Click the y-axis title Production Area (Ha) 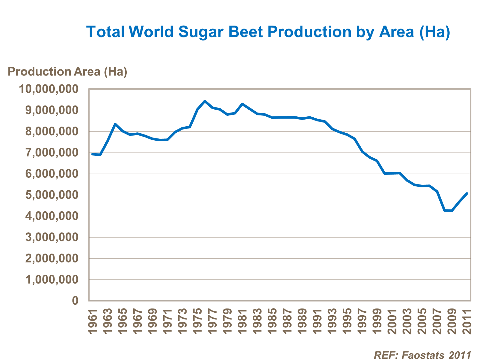point(68,72)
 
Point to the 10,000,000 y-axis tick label point(49,89)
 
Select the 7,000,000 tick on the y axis point(52,153)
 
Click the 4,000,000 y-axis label point(52,216)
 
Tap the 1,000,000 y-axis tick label point(52,280)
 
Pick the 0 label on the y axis point(75,301)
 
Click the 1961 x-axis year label point(92,321)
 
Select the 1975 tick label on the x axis point(197,321)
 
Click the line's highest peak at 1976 point(205,101)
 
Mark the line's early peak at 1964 point(115,124)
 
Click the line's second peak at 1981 point(242,104)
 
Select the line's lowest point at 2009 point(452,211)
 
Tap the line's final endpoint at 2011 point(467,193)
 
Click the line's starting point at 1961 point(92,154)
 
